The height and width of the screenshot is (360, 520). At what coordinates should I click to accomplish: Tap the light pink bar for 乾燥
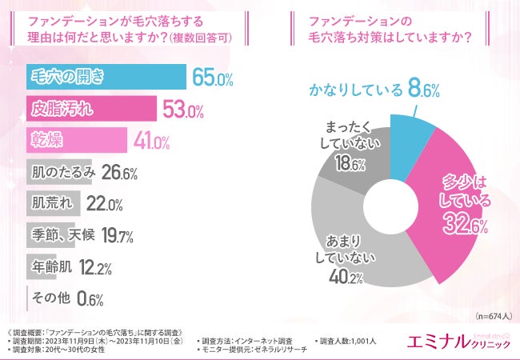[x=77, y=140]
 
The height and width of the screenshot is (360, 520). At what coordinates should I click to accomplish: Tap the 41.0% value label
[x=151, y=142]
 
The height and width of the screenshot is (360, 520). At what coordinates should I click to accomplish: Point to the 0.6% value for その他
[x=88, y=298]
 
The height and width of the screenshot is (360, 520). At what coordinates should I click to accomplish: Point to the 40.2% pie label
[x=346, y=278]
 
